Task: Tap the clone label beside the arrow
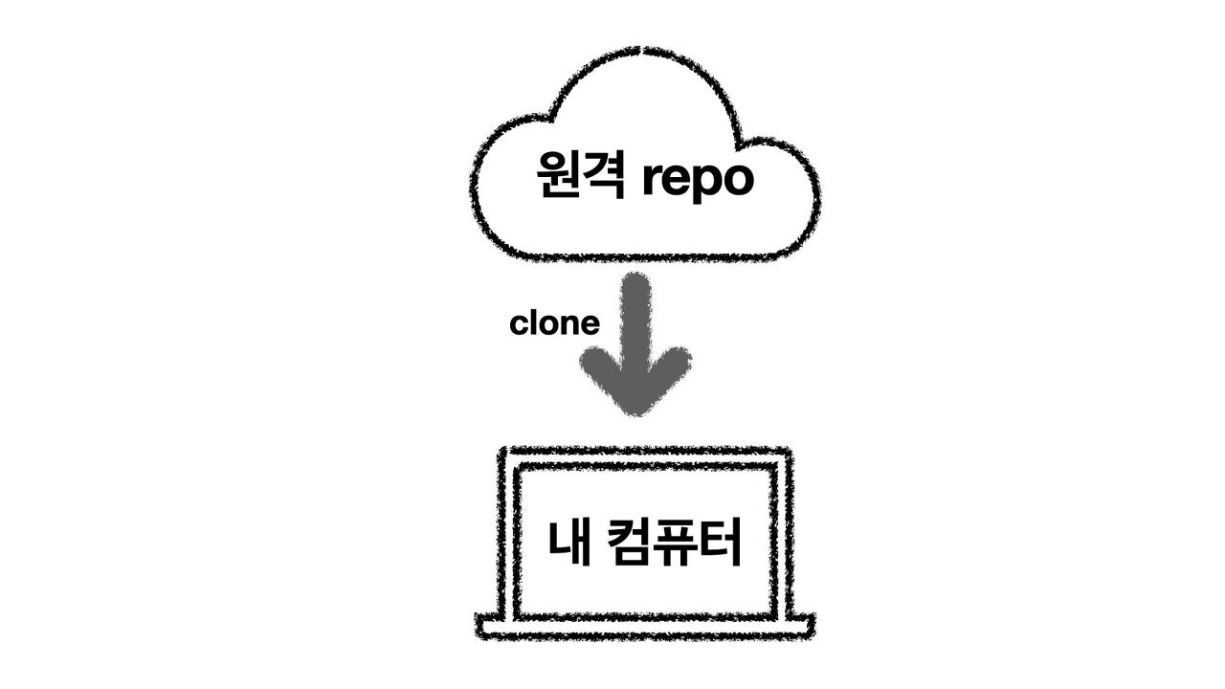pyautogui.click(x=555, y=323)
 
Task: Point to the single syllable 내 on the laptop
pyautogui.click(x=568, y=542)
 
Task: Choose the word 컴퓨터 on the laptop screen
pyautogui.click(x=676, y=542)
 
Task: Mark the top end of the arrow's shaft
pyautogui.click(x=635, y=281)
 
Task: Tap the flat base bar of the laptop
pyautogui.click(x=645, y=628)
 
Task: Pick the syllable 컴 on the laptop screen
pyautogui.click(x=630, y=542)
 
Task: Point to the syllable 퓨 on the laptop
pyautogui.click(x=676, y=542)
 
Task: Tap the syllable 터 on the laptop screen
pyautogui.click(x=721, y=542)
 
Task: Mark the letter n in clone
pyautogui.click(x=570, y=325)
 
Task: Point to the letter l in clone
pyautogui.click(x=531, y=322)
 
